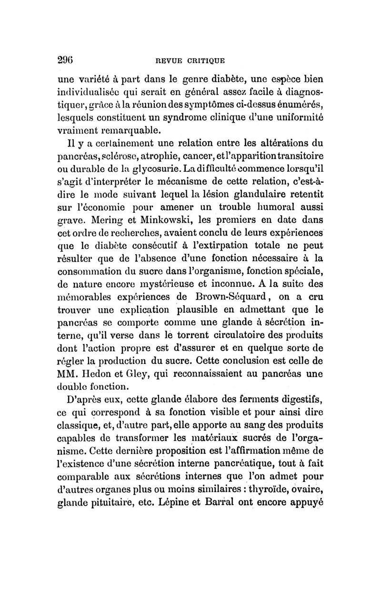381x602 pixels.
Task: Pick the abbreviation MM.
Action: pyautogui.click(x=68, y=375)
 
